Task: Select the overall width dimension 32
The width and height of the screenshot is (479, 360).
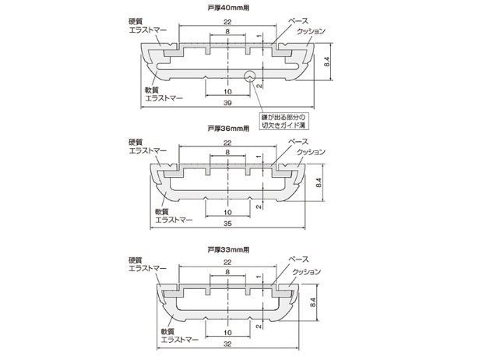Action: click(x=227, y=343)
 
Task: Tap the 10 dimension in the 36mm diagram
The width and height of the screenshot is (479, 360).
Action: click(x=227, y=212)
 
